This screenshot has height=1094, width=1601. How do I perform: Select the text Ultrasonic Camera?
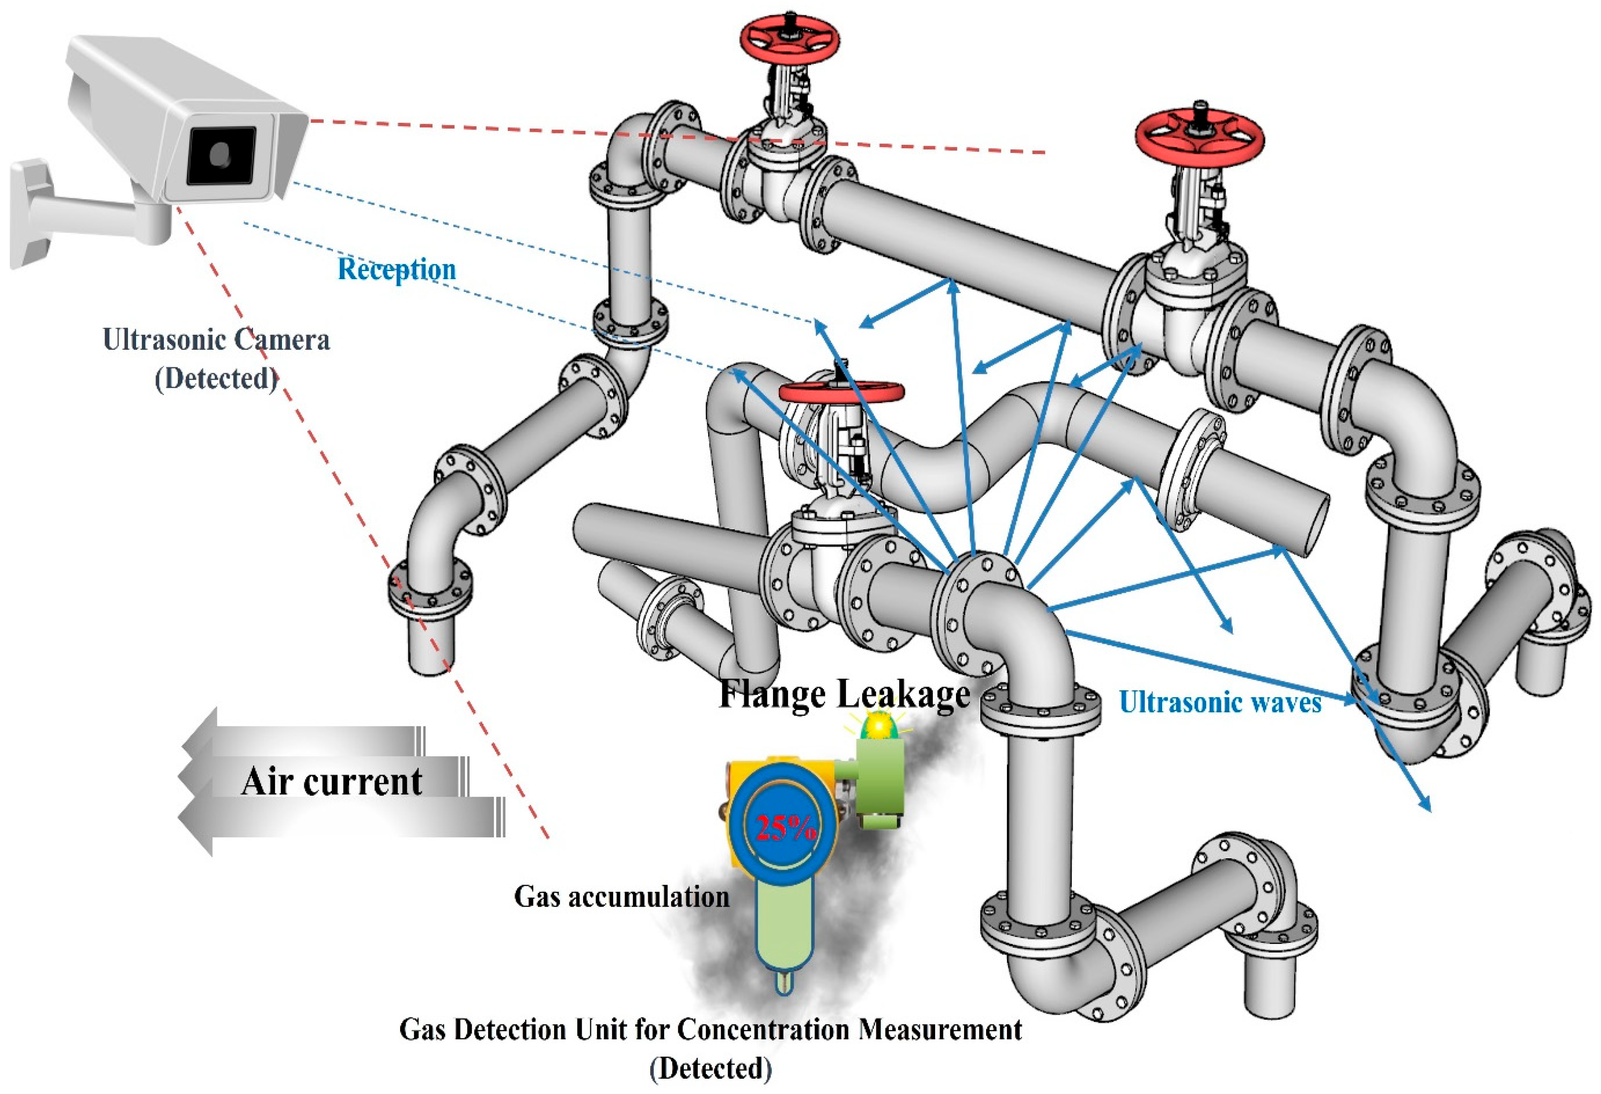click(216, 339)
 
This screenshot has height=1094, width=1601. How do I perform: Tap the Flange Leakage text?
click(844, 694)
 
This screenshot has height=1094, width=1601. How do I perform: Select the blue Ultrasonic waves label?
click(1219, 702)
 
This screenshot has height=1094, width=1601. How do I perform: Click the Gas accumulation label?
click(621, 896)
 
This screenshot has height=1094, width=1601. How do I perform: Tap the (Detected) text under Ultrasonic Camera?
click(216, 378)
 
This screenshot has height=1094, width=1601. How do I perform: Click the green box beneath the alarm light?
click(880, 775)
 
